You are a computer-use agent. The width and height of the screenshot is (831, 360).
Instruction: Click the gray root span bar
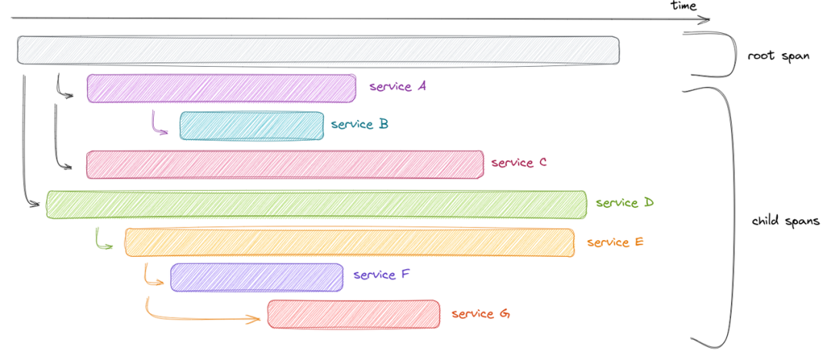(x=319, y=50)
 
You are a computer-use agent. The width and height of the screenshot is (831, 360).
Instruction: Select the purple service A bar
(x=221, y=88)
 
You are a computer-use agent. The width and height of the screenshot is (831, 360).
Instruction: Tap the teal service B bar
(x=252, y=125)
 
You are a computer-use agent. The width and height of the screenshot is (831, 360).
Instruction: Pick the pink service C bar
(x=285, y=165)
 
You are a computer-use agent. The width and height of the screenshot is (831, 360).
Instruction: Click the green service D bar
(x=315, y=204)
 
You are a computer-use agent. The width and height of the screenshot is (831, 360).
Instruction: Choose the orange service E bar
(x=349, y=242)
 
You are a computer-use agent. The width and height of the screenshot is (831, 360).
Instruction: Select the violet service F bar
(x=257, y=277)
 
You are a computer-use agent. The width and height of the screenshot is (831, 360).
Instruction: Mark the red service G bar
(x=353, y=314)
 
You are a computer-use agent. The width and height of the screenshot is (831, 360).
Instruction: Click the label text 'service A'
(x=398, y=86)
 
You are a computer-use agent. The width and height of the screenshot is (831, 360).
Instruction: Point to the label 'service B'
(x=359, y=124)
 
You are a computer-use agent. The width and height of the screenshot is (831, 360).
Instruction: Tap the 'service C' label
(x=519, y=162)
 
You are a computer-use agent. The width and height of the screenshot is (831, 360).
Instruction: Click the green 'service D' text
(x=624, y=202)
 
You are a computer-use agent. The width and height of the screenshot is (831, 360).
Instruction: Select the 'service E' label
(x=615, y=242)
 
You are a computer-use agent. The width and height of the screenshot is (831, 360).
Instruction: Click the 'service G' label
(x=480, y=314)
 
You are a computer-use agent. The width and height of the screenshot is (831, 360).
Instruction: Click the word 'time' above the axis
(x=683, y=6)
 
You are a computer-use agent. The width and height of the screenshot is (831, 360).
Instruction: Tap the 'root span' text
(x=778, y=56)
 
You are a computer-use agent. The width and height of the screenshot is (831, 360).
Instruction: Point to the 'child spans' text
(x=786, y=222)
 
